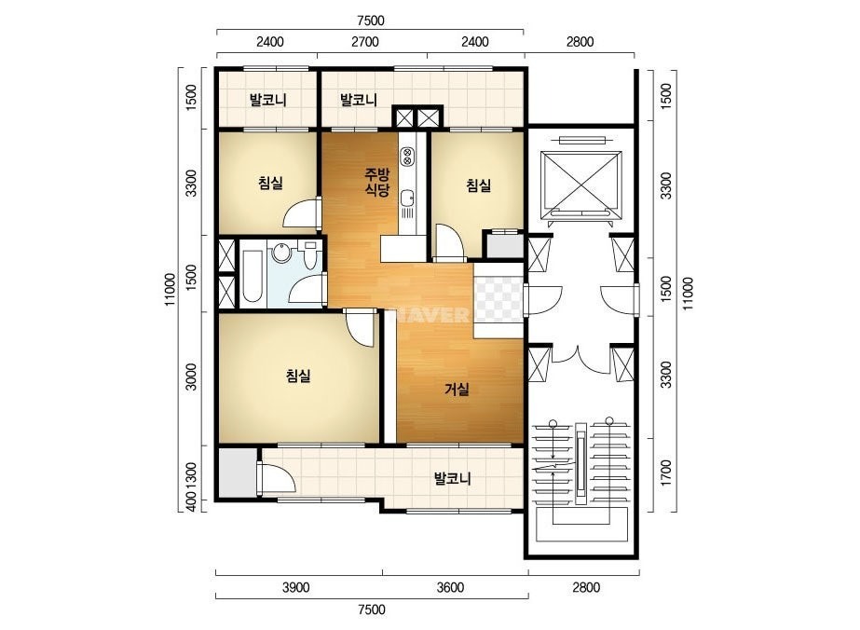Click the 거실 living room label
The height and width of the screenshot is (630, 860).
click(457, 390)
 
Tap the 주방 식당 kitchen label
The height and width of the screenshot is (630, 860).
click(377, 183)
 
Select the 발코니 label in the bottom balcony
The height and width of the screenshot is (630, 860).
click(453, 479)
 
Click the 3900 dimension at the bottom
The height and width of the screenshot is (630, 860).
click(296, 588)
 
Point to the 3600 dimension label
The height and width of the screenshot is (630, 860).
click(450, 588)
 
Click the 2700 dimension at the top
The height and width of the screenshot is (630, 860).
click(364, 42)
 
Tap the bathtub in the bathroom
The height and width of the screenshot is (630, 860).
click(253, 277)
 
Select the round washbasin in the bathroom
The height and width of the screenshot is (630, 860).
click(281, 253)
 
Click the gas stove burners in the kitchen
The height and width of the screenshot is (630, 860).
click(407, 157)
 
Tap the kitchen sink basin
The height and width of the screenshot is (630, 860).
click(407, 199)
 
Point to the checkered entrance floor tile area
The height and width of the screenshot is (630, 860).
click(498, 300)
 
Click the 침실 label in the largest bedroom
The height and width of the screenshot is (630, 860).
click(298, 376)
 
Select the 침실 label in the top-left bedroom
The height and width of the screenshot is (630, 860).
click(270, 183)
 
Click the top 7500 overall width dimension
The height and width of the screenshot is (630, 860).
click(371, 21)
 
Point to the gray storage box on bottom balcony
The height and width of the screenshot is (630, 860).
click(238, 472)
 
